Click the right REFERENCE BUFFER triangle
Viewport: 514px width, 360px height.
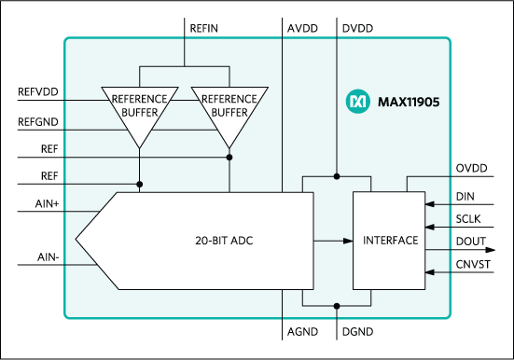(x=229, y=108)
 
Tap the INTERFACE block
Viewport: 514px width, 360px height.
(x=390, y=240)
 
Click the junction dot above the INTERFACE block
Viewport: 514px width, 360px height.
(x=337, y=175)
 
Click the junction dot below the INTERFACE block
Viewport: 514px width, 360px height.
(x=337, y=305)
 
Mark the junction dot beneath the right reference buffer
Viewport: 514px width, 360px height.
(x=229, y=158)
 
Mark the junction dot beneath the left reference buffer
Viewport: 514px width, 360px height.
(x=139, y=183)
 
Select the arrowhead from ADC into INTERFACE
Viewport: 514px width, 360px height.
(x=346, y=240)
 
